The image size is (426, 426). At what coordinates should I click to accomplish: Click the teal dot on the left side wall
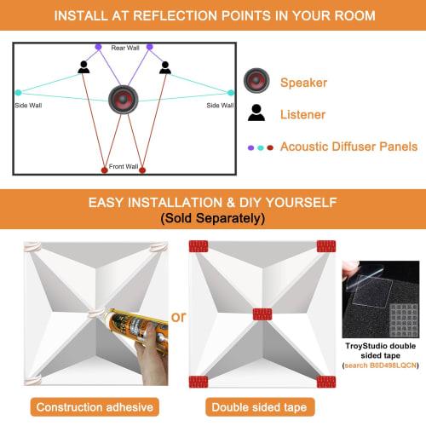(x=18, y=93)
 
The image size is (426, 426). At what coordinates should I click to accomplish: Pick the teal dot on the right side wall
(x=230, y=93)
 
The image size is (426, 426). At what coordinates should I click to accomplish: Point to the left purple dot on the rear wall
(x=98, y=47)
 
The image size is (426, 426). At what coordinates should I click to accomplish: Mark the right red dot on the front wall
(x=141, y=170)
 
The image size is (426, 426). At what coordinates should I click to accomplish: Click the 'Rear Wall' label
(x=124, y=49)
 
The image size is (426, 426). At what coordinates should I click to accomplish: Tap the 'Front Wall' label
(x=124, y=167)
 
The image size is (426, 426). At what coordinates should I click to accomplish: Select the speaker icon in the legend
(x=256, y=82)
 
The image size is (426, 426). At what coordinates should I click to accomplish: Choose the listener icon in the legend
(x=256, y=112)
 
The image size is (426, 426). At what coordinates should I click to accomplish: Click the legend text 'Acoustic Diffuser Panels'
(x=348, y=147)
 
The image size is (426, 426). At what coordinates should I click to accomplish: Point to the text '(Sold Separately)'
(x=213, y=219)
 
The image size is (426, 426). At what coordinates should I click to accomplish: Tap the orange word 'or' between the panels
(x=178, y=318)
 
